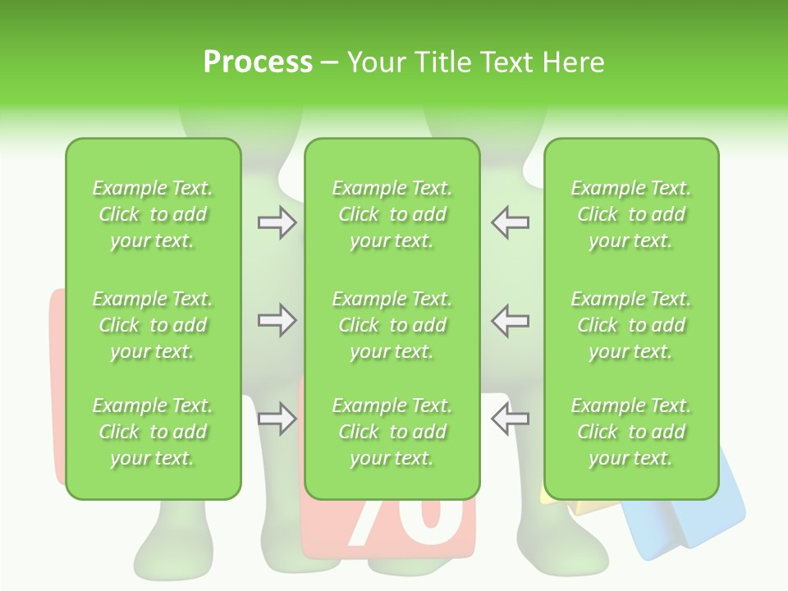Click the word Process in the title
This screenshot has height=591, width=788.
point(258,62)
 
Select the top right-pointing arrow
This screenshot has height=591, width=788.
point(277,222)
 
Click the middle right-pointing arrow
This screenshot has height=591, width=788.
point(277,320)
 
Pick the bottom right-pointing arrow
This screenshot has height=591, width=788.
point(277,419)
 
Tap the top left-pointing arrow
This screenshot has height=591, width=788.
point(511,222)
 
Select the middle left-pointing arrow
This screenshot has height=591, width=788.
point(511,320)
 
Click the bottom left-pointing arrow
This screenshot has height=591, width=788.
point(511,419)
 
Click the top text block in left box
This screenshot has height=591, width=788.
point(153,214)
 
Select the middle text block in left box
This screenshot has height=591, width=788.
point(153,325)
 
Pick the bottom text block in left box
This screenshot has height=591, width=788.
point(153,432)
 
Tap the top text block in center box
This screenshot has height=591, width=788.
point(392,214)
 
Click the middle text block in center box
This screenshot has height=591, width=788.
point(392,325)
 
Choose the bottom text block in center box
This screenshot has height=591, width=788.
point(392,432)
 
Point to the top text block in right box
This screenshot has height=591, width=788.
point(630,214)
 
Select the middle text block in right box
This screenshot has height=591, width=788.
point(630,325)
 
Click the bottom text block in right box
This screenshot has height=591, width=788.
point(630,432)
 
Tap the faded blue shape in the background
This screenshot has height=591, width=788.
point(689,517)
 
